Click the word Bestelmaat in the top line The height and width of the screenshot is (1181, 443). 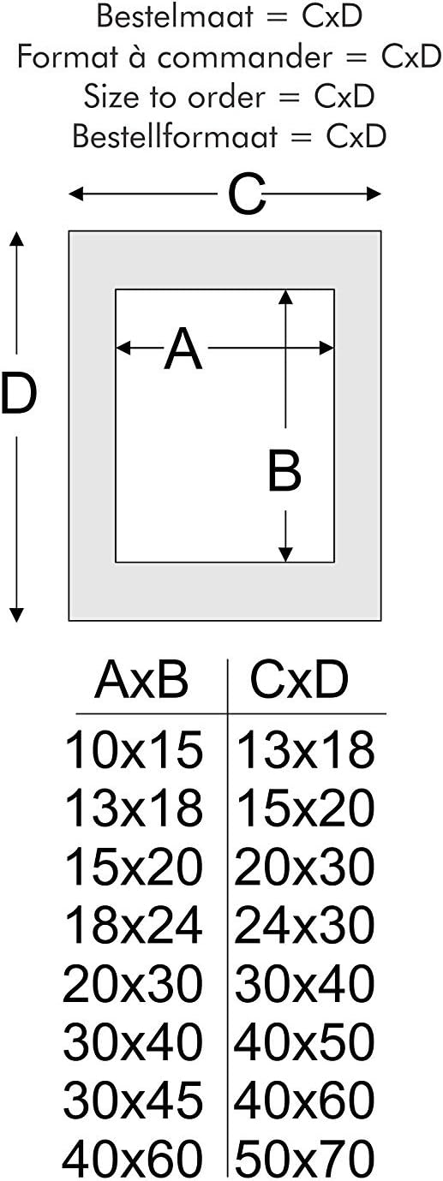(x=176, y=16)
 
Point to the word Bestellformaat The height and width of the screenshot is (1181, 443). (x=175, y=136)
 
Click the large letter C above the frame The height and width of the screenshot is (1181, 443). (x=246, y=194)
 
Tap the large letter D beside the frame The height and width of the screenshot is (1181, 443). (x=19, y=393)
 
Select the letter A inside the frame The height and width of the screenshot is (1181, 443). (x=183, y=349)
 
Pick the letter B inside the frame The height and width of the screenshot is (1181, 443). (x=284, y=469)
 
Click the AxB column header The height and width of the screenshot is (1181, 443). (x=141, y=680)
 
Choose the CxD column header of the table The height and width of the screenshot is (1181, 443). (x=298, y=680)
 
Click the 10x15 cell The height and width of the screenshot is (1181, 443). (x=134, y=749)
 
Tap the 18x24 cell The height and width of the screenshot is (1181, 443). (x=134, y=925)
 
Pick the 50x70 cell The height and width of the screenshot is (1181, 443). (x=304, y=1159)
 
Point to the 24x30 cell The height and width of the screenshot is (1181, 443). (x=304, y=925)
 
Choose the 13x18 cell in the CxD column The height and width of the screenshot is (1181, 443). (x=306, y=749)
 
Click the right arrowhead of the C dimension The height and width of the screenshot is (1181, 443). (x=374, y=194)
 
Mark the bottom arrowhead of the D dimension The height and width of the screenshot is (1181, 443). (x=17, y=615)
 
